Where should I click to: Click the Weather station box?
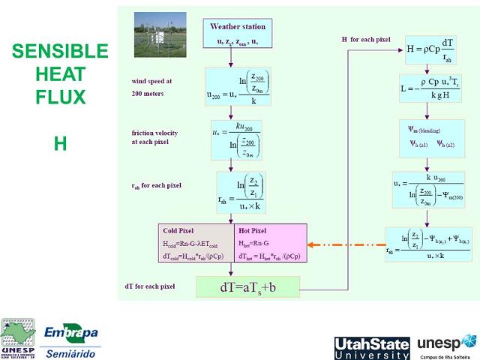(237, 33)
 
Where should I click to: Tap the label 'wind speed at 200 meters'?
(152, 87)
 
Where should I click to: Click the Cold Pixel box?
(196, 244)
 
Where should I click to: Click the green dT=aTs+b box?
(247, 287)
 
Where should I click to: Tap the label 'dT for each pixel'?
(149, 286)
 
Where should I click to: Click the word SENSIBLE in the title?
(60, 51)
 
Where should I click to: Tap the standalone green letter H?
(60, 143)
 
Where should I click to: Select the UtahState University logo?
(371, 348)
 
